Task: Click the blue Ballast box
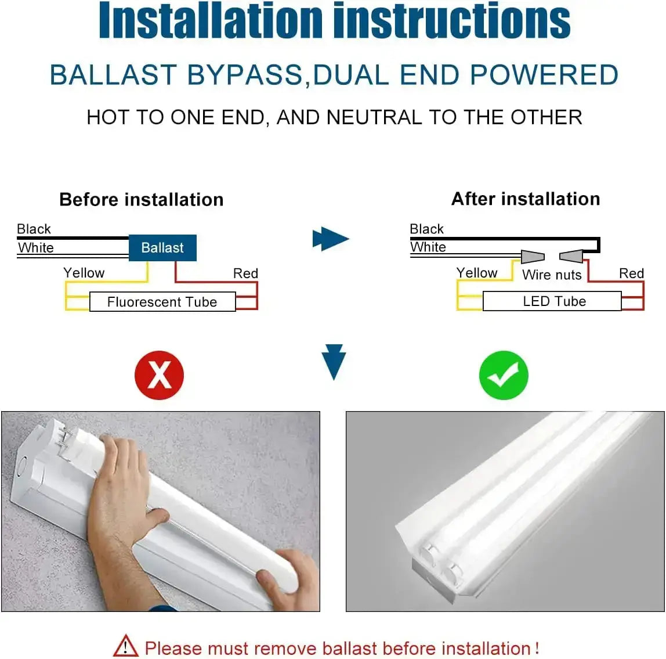pos(162,248)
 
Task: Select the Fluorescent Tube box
pos(162,302)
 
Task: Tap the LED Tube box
pos(553,301)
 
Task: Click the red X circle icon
pos(159,375)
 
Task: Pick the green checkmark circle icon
pos(503,375)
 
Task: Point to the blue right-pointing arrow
pos(330,239)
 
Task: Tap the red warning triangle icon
pos(125,646)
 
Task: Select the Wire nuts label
pos(551,275)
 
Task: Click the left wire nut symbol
pos(533,256)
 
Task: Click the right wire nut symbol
pos(571,256)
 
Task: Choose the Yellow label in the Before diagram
pos(84,273)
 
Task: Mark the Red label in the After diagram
pos(631,273)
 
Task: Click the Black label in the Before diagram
pos(34,229)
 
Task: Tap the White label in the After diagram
pos(428,247)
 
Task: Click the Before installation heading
pos(141,200)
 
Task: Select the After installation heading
pos(526,199)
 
